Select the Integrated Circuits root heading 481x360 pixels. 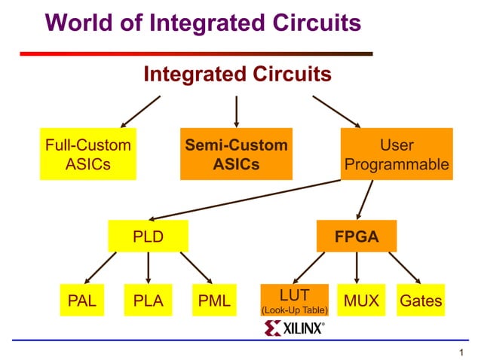pyautogui.click(x=237, y=75)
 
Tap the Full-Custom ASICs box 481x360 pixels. pyautogui.click(x=88, y=154)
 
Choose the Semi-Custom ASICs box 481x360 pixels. pyautogui.click(x=236, y=154)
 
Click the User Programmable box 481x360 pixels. pyautogui.click(x=397, y=154)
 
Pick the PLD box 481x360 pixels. pyautogui.click(x=148, y=237)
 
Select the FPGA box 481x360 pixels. pyautogui.click(x=357, y=237)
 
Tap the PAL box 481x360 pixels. pyautogui.click(x=82, y=301)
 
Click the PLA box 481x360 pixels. pyautogui.click(x=148, y=301)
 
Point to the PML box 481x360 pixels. pyautogui.click(x=214, y=301)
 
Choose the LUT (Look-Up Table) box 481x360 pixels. pyautogui.click(x=294, y=300)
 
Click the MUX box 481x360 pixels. pyautogui.click(x=357, y=301)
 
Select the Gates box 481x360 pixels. pyautogui.click(x=421, y=301)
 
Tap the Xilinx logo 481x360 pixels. pyautogui.click(x=295, y=328)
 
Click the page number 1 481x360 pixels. pyautogui.click(x=460, y=352)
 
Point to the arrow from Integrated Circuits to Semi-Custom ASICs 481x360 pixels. pyautogui.click(x=237, y=111)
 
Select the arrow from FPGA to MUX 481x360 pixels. pyautogui.click(x=357, y=267)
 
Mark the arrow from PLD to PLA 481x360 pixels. pyautogui.click(x=148, y=267)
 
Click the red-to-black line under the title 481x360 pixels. pyautogui.click(x=196, y=54)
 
